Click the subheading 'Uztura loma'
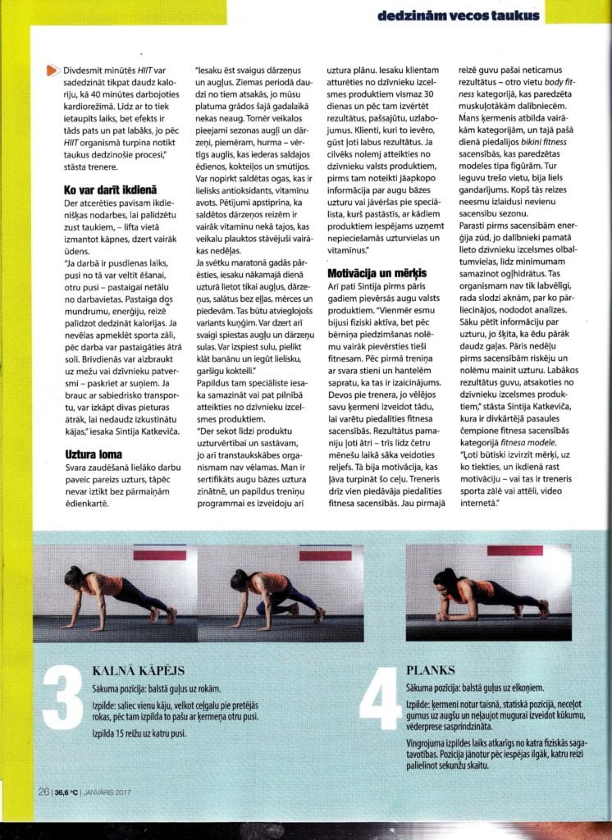(94, 453)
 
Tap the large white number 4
(379, 702)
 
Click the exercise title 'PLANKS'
(432, 669)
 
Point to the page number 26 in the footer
(43, 792)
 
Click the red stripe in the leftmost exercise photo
(159, 555)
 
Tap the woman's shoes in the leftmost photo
(171, 614)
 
